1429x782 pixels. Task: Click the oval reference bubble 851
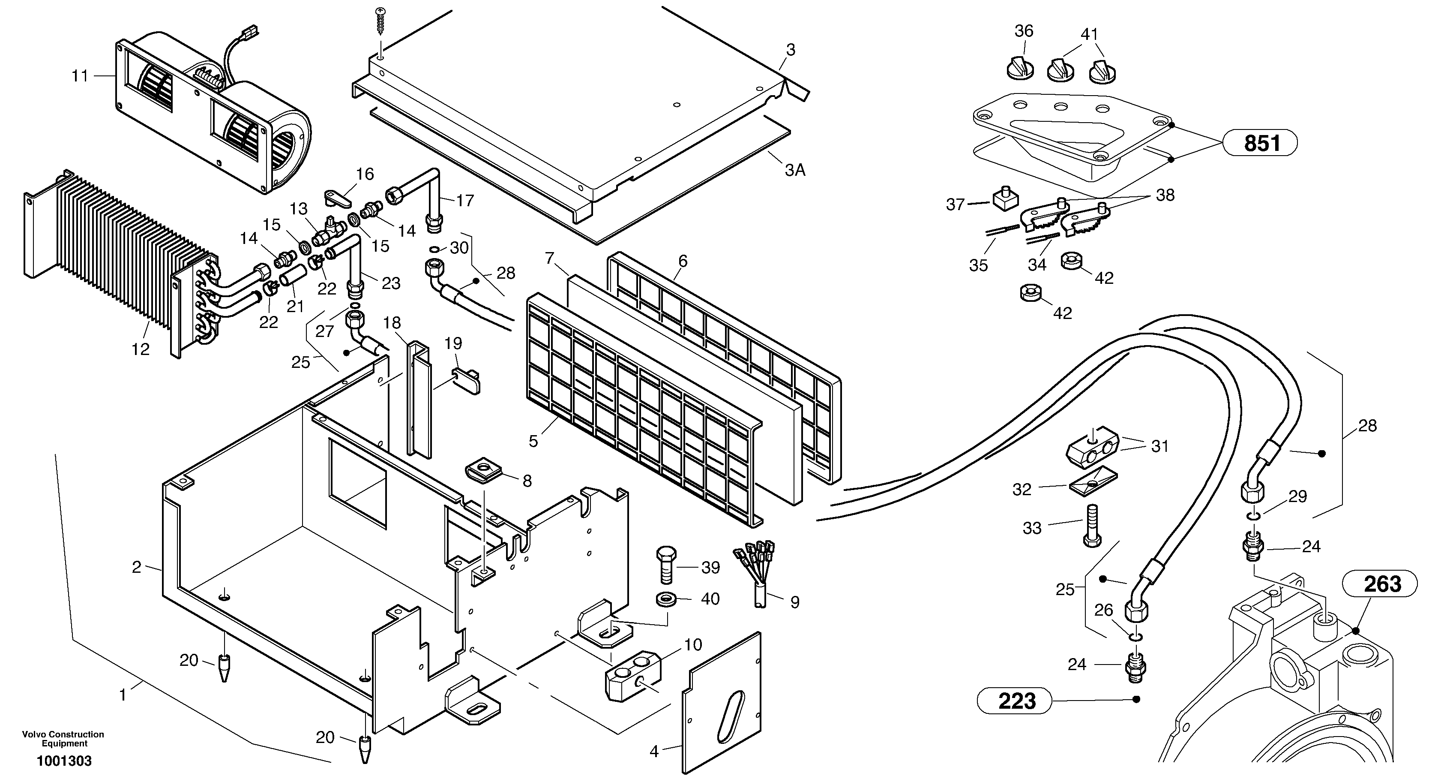click(x=1261, y=144)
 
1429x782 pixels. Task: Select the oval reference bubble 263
click(x=1380, y=584)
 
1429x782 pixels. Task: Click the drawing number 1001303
click(x=64, y=761)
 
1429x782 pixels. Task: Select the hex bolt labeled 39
click(x=666, y=565)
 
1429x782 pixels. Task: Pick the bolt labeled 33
click(x=1091, y=525)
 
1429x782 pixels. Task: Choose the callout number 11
click(x=80, y=75)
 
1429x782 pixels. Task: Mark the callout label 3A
click(x=795, y=170)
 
